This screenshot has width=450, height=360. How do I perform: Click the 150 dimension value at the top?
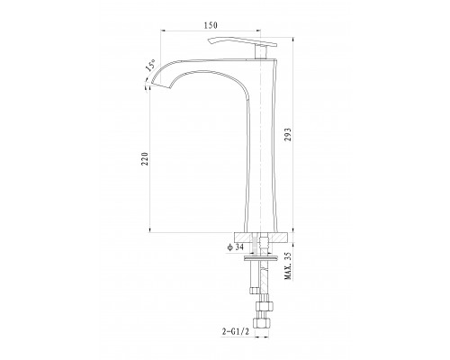pos(211,25)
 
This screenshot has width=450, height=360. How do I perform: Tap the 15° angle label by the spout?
pos(150,65)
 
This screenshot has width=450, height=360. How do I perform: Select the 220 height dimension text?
pos(145,158)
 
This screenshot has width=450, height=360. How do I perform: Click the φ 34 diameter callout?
pos(235,247)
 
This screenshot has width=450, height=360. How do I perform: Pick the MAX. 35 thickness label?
pos(288,265)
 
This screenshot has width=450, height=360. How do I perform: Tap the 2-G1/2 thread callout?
pos(236,331)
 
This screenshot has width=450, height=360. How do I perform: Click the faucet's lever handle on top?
pos(242,42)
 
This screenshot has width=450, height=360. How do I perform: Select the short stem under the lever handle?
pos(260,52)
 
